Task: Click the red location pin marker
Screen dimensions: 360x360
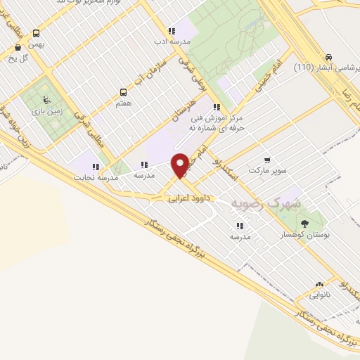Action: (x=181, y=165)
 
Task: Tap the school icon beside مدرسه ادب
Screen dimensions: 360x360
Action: (x=172, y=31)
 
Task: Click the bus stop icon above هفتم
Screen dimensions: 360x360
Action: (x=124, y=92)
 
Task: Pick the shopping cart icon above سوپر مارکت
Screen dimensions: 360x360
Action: (x=266, y=160)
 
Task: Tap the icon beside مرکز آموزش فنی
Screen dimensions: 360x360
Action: (x=217, y=108)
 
